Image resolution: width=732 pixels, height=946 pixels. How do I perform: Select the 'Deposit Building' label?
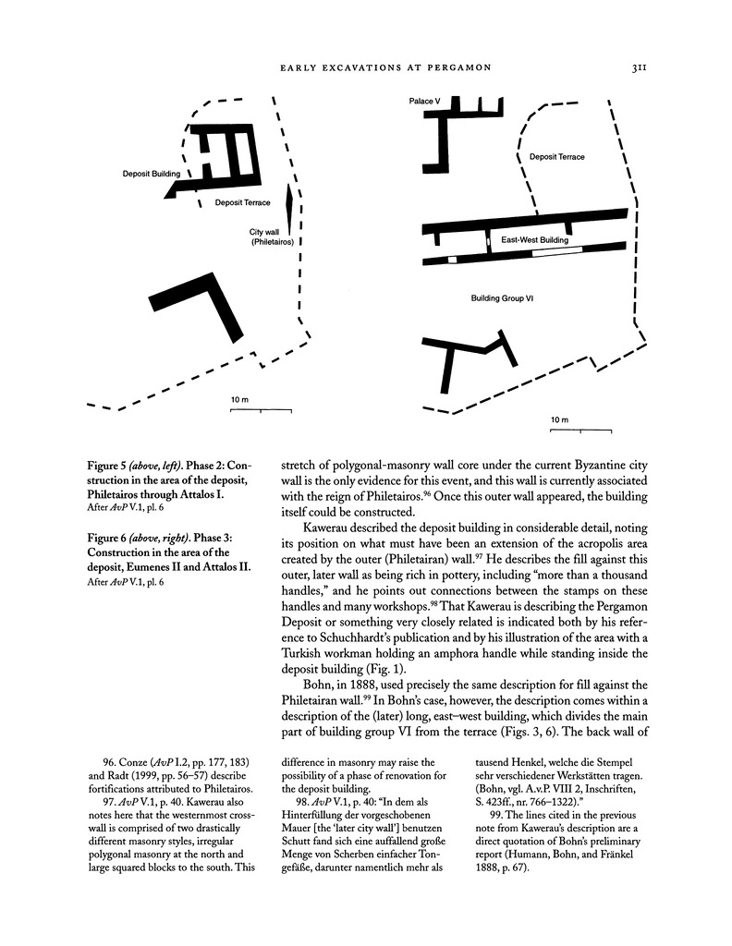click(x=153, y=173)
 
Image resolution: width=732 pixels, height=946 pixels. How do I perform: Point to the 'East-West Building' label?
click(x=535, y=239)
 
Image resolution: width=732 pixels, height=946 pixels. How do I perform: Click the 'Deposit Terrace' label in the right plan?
click(x=557, y=157)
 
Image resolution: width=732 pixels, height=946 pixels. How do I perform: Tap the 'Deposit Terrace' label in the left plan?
click(x=241, y=202)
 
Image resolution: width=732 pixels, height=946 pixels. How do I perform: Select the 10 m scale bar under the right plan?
click(x=579, y=430)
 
